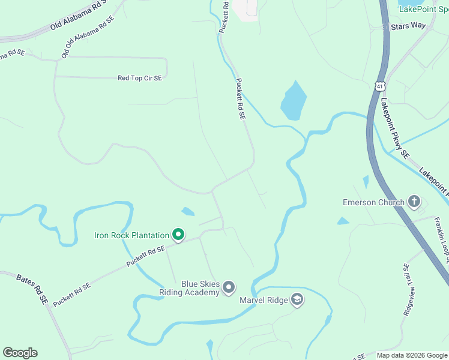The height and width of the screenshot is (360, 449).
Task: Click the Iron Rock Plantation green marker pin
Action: (x=178, y=235)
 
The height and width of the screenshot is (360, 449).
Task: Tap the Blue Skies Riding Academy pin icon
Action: (x=228, y=288)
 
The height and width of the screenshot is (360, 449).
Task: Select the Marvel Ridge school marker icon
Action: (x=297, y=299)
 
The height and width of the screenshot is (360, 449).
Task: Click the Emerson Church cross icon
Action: (x=414, y=202)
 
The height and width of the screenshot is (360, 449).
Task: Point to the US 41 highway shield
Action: (x=379, y=87)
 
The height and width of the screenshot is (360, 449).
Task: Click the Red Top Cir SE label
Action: (x=140, y=78)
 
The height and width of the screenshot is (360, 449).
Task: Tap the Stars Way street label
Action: (x=408, y=26)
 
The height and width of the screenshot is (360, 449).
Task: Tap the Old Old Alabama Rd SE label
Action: (x=88, y=38)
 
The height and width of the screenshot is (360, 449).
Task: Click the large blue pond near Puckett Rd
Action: (x=294, y=100)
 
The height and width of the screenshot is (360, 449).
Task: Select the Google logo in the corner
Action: (x=20, y=353)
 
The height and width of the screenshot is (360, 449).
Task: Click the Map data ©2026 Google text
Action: (x=412, y=355)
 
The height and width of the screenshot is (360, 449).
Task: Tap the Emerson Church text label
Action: (x=373, y=202)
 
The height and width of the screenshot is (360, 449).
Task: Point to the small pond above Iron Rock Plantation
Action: (x=188, y=211)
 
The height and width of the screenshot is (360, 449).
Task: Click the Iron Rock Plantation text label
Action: (x=131, y=235)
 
